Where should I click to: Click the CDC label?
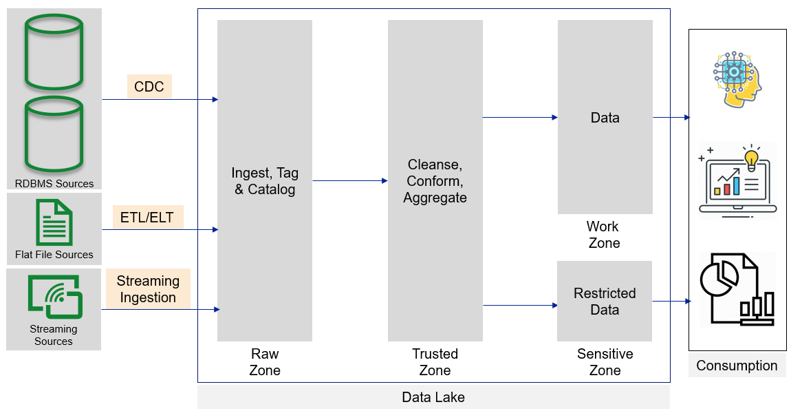[x=149, y=87]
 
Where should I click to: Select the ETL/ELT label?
[x=147, y=218]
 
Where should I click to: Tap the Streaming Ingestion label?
[x=148, y=289]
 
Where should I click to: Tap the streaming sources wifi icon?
[x=55, y=297]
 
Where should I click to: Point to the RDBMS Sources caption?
[x=54, y=184]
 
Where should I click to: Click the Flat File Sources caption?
[x=54, y=255]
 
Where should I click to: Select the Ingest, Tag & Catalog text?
[x=265, y=181]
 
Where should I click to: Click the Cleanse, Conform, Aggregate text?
[x=435, y=181]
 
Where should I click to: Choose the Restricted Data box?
[x=605, y=302]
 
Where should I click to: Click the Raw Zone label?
[x=265, y=362]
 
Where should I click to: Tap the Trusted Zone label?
[x=435, y=362]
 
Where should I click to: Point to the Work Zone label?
[x=604, y=235]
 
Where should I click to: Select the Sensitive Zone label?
[x=605, y=362]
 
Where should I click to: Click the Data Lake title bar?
[x=433, y=397]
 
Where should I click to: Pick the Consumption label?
[x=737, y=366]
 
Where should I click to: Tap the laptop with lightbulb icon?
[x=737, y=180]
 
